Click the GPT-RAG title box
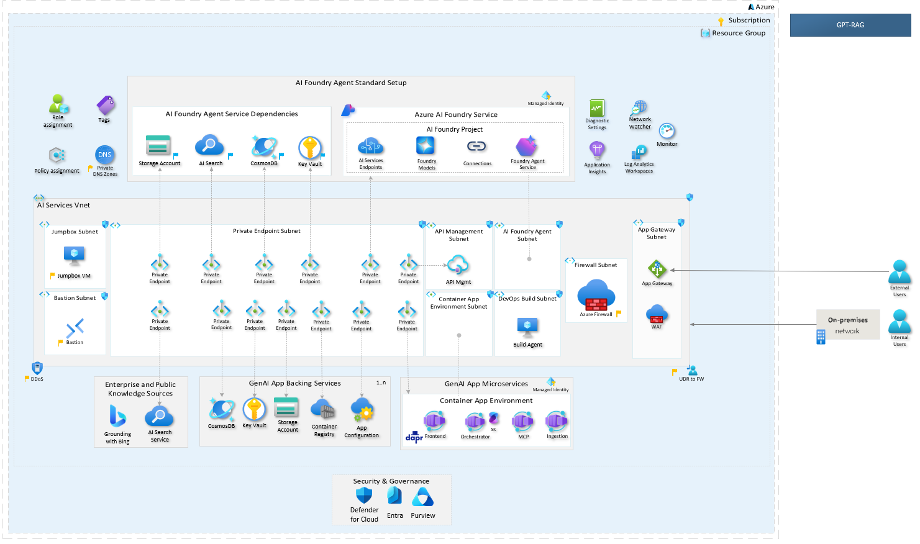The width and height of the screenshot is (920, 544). [850, 25]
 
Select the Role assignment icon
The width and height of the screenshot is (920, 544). [58, 104]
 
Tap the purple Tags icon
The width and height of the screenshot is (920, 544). [106, 106]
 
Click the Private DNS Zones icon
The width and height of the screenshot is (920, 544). [104, 155]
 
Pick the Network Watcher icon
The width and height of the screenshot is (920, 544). [640, 107]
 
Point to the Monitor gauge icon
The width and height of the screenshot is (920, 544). [667, 131]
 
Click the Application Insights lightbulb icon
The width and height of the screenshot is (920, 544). [597, 150]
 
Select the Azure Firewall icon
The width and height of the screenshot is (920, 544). [596, 296]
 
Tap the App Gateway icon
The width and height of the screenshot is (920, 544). [657, 270]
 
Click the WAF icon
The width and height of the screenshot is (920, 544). [657, 314]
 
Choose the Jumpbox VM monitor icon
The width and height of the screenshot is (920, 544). [74, 255]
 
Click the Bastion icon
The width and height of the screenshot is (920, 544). [75, 327]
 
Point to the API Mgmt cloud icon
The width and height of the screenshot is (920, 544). [458, 265]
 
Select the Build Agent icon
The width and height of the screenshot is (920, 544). [527, 326]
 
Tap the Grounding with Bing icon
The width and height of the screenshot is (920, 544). [117, 416]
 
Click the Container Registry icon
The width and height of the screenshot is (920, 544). [323, 410]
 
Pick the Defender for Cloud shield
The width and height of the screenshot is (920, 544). [364, 496]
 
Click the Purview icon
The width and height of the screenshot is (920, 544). [422, 497]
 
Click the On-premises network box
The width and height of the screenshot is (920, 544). [848, 325]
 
